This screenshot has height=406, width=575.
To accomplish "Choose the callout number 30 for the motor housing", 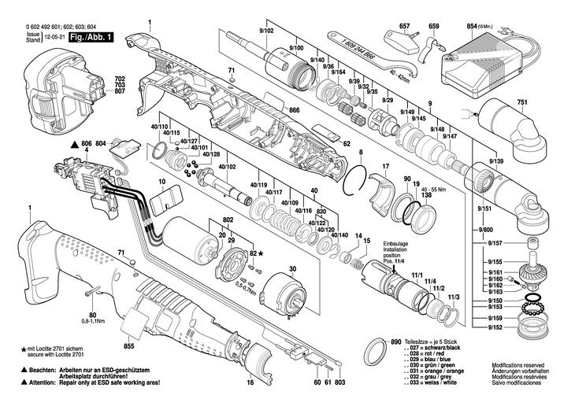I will pos(292,269).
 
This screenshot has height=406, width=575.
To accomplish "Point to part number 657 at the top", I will pos(404,27).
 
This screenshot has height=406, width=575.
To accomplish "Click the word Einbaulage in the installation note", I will pos(399,244).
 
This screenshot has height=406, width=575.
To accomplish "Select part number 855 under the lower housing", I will pos(130,345).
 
